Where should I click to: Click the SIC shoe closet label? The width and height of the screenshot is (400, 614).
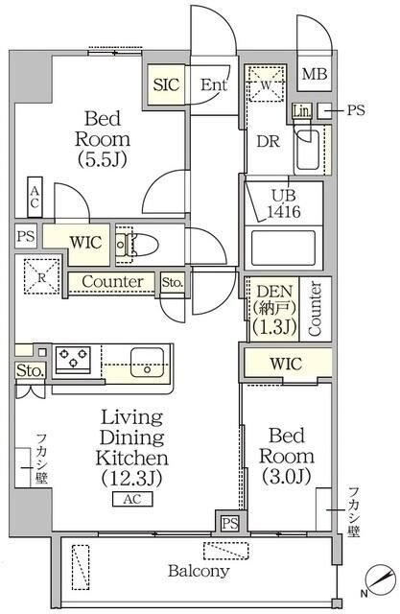click(166, 84)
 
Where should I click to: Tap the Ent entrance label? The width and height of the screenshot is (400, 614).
click(214, 84)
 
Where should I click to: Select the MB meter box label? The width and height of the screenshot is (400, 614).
click(315, 74)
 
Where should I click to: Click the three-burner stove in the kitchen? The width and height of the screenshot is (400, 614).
click(73, 358)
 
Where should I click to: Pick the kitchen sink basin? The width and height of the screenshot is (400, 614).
click(147, 363)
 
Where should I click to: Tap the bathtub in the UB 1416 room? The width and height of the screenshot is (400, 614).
click(283, 248)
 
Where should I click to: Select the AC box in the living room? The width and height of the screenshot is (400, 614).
click(132, 499)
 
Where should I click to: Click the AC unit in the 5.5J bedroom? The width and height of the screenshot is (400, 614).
click(35, 198)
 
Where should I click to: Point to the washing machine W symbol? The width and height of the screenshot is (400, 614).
click(266, 85)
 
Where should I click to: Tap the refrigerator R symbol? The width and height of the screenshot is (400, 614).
click(42, 277)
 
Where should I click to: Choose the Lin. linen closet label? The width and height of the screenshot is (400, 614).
click(302, 111)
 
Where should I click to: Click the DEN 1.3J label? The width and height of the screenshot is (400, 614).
click(275, 309)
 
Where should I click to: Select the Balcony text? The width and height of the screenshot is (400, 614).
click(199, 571)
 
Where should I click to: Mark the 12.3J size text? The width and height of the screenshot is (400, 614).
click(132, 478)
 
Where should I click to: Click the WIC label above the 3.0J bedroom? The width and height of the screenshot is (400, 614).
click(286, 364)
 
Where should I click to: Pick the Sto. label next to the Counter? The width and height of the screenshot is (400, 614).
click(173, 282)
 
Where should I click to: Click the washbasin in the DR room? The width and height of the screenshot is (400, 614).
click(307, 150)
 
